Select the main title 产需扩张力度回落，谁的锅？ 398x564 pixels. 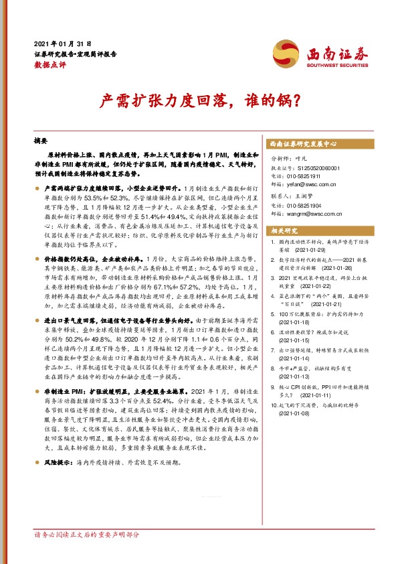199,101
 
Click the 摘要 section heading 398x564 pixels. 41,142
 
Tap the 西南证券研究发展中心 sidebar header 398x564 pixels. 302,144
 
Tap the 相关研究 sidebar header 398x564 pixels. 284,230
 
